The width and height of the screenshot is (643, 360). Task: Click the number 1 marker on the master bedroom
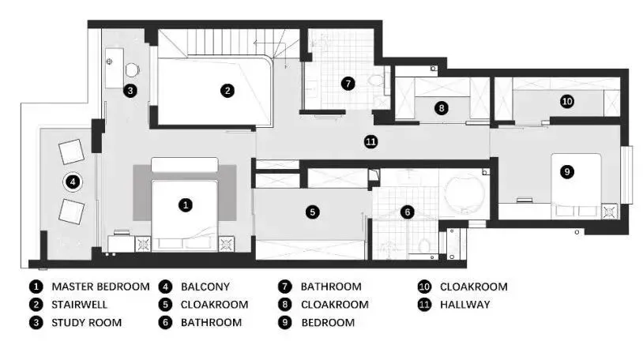coord(186,205)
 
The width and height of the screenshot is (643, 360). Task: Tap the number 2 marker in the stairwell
coord(227,90)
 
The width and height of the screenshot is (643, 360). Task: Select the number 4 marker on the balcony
coord(73,182)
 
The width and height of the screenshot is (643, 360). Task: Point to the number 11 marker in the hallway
coord(370,142)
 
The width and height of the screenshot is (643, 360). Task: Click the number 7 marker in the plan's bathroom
coord(348,84)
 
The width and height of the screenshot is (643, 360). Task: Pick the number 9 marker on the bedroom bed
coord(566,172)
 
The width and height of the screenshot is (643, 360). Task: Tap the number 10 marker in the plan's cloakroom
coord(566,101)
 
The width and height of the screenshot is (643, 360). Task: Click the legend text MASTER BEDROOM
coord(100,287)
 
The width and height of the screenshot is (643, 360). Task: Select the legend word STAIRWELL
coord(79,305)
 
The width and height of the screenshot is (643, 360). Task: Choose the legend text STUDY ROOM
coord(87,323)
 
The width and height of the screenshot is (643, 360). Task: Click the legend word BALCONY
coord(205,287)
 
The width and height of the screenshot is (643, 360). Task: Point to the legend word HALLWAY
coord(465,305)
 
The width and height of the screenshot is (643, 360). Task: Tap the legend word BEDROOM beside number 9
coord(328,323)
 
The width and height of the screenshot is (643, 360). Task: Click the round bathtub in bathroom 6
coord(465,193)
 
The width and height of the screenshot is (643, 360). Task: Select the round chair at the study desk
coord(132,70)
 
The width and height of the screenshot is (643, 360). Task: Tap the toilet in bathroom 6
coord(424,246)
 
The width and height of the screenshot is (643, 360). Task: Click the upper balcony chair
coord(72,152)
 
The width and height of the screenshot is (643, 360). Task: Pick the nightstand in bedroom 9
coord(609,212)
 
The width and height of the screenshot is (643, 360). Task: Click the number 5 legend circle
coord(165,305)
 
